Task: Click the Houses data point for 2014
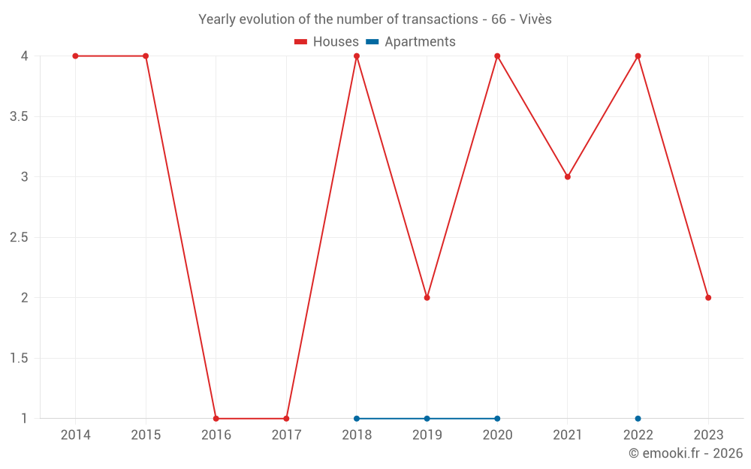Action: click(75, 56)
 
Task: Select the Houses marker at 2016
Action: click(216, 419)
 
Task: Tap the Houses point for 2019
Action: click(427, 298)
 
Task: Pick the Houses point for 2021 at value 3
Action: click(568, 177)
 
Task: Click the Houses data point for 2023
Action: click(708, 298)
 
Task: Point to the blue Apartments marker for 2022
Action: click(638, 419)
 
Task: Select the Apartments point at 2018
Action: click(357, 419)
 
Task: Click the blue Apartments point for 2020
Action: click(497, 419)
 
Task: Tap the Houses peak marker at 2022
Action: click(638, 56)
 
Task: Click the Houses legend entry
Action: click(327, 42)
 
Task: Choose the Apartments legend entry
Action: click(411, 42)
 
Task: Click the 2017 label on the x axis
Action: click(286, 435)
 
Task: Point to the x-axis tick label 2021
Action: click(568, 435)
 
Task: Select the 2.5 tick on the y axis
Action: click(19, 238)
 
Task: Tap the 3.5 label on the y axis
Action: click(19, 117)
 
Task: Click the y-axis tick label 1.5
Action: click(19, 359)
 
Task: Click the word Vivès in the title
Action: click(535, 20)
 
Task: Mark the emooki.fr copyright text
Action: click(685, 453)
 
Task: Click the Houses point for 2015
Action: click(146, 56)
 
